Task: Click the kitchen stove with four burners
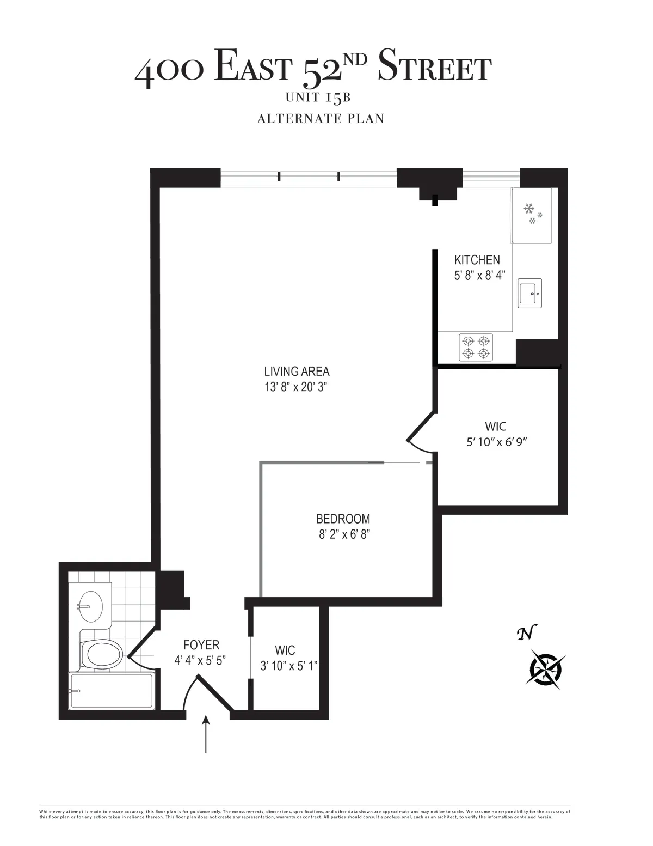click(476, 347)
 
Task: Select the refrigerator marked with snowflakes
click(531, 215)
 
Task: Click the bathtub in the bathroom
click(112, 691)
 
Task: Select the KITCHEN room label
click(477, 260)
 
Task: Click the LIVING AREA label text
click(297, 372)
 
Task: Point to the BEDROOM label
click(343, 519)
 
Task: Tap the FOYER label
click(201, 645)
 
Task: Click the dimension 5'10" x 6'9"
click(497, 442)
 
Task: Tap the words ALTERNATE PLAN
click(321, 118)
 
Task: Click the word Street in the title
click(434, 66)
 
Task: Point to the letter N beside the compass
click(526, 633)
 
